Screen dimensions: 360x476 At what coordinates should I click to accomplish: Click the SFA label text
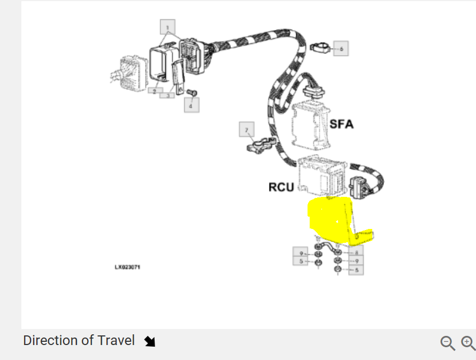[x=341, y=124]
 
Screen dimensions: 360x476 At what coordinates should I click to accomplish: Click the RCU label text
[x=281, y=187]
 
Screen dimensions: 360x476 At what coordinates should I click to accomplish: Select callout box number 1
[x=167, y=27]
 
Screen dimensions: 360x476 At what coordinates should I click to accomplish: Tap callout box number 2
[x=154, y=91]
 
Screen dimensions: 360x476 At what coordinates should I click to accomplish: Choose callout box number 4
[x=191, y=105]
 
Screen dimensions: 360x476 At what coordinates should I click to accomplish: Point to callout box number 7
[x=247, y=130]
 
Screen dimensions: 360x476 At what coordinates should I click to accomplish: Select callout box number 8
[x=356, y=249]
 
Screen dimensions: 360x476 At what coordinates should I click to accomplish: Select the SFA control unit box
[x=311, y=126]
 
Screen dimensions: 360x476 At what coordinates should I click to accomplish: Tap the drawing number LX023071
[x=127, y=266]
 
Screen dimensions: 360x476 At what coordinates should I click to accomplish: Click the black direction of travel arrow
[x=150, y=341]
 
